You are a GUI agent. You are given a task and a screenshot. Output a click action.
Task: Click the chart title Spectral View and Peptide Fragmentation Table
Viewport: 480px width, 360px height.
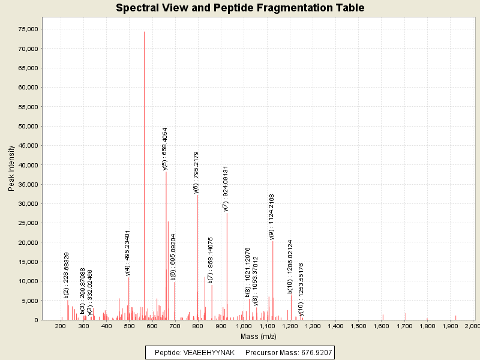pos(240,8)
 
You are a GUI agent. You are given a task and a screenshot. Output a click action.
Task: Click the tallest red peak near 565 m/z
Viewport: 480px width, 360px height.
pos(144,180)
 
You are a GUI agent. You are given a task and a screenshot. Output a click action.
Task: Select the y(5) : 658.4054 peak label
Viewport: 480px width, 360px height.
pos(165,149)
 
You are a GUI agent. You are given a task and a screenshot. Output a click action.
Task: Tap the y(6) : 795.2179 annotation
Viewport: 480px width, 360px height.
pos(196,172)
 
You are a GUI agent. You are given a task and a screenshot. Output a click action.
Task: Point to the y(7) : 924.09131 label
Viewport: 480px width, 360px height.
pos(226,189)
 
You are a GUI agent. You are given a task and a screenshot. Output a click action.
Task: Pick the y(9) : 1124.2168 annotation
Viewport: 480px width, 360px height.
pos(272,217)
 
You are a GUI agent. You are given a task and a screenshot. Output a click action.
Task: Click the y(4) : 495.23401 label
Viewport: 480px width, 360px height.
pos(128,253)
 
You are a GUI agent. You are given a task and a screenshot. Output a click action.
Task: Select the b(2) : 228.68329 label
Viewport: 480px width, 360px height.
pos(67,275)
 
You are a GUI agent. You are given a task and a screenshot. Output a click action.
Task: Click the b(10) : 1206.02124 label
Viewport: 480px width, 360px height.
pos(290,266)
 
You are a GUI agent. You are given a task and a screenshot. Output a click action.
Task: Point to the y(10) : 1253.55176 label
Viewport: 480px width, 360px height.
pos(301,289)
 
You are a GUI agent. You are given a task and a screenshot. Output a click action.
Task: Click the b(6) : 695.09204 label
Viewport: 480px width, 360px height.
pos(173,257)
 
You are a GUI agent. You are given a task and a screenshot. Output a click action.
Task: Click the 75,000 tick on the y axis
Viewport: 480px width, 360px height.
pos(29,29)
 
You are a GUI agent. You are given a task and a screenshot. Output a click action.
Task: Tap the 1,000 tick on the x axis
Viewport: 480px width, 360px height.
pos(244,326)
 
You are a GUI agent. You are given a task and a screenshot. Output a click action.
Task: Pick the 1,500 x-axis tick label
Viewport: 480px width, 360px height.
pos(358,326)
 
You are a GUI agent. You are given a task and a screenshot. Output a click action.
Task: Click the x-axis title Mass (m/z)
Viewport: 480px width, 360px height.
pos(257,337)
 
